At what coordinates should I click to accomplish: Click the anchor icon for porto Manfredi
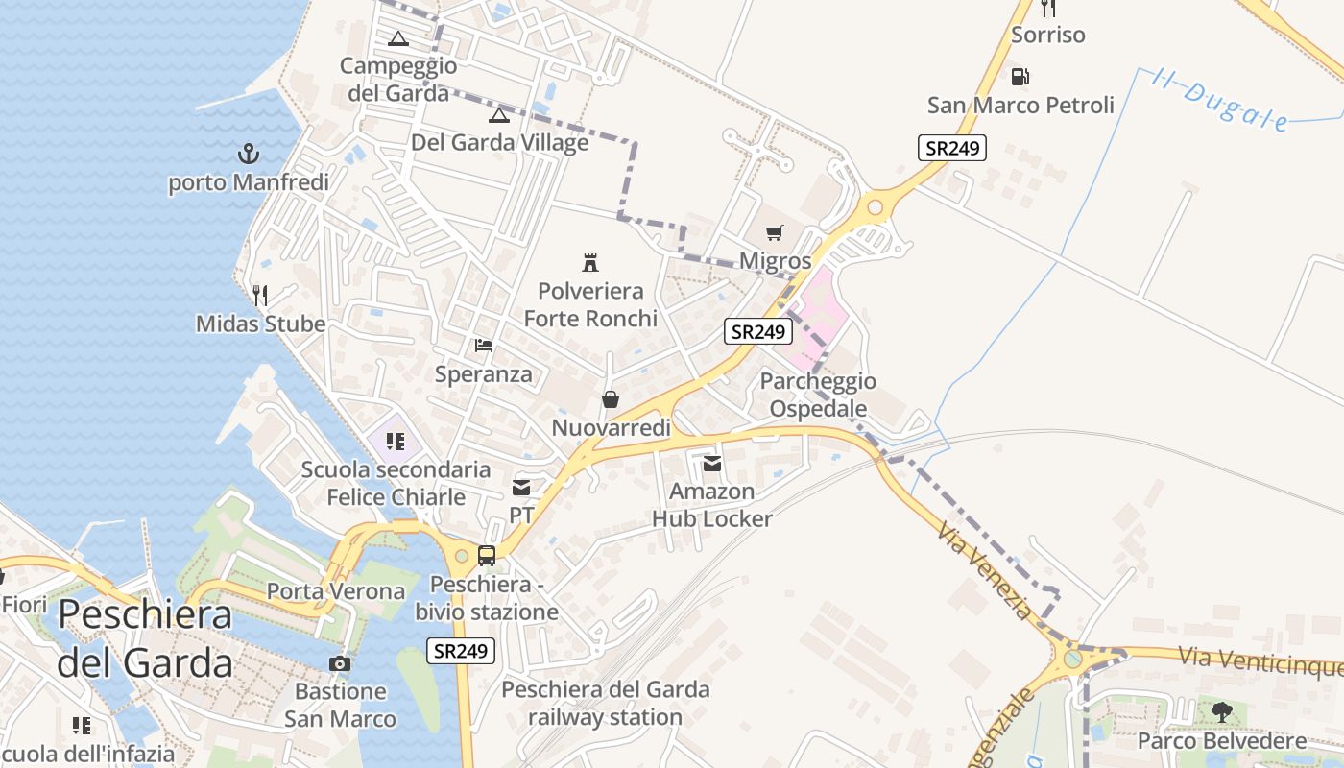point(249,153)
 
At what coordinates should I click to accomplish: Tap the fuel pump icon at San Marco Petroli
point(1020,77)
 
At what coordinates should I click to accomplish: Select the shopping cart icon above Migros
point(775,232)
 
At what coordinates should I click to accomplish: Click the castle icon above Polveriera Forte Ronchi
point(590,262)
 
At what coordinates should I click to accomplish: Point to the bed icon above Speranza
point(484,346)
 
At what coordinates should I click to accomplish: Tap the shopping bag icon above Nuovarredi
point(611,399)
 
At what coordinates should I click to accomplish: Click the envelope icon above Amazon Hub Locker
point(712,464)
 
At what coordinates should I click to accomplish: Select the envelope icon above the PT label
point(521,488)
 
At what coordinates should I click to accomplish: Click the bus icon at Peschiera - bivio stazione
point(487,556)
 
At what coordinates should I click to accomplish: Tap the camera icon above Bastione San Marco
point(340,663)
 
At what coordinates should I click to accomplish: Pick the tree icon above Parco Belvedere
point(1221,712)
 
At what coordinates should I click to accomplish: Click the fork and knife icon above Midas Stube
point(260,295)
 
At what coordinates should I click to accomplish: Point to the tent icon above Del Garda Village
point(498,116)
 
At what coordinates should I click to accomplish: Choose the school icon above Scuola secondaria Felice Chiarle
point(394,442)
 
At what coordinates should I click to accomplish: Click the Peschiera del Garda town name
point(145,638)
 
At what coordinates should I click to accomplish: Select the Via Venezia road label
point(985,570)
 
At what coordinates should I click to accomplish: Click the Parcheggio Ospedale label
point(818,395)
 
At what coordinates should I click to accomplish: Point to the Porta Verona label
point(336,591)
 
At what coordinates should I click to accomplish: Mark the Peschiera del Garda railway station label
point(606,703)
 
